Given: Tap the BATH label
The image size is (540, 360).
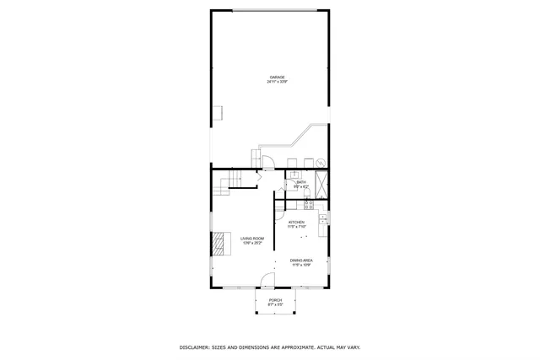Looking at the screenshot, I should (300, 183).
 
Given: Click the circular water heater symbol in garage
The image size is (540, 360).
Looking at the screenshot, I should (321, 162).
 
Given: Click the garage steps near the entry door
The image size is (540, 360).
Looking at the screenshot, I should (256, 158).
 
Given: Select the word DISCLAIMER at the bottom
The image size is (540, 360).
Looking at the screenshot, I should (197, 347).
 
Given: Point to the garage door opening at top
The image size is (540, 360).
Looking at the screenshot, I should (277, 11).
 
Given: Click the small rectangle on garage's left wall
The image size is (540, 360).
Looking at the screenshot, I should (217, 112).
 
